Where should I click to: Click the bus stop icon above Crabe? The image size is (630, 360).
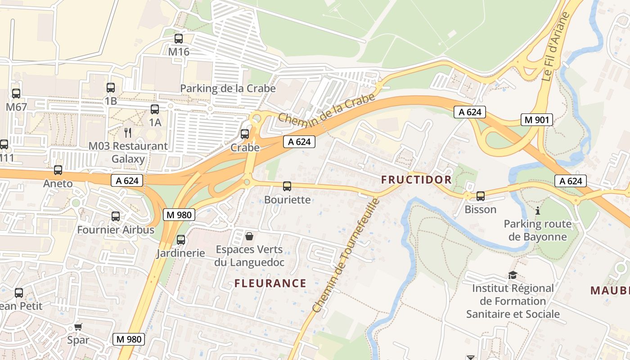click(x=245, y=134)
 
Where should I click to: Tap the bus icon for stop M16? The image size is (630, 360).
click(x=179, y=39)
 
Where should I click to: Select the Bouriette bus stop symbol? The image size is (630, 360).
click(x=287, y=186)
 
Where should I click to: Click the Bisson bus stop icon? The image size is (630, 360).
click(x=481, y=196)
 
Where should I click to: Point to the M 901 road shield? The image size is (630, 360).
click(x=536, y=120)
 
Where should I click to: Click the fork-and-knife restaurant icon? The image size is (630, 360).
click(x=128, y=132)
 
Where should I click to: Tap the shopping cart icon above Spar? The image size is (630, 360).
click(x=78, y=327)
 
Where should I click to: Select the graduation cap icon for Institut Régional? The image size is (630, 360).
click(x=513, y=275)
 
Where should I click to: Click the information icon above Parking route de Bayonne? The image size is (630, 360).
click(x=537, y=210)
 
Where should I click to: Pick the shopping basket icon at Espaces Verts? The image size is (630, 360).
click(x=249, y=236)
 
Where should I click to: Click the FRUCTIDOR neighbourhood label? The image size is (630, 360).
click(x=416, y=180)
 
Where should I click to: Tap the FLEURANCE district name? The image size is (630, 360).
click(x=270, y=283)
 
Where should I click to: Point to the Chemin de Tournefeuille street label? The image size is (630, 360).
click(x=346, y=256)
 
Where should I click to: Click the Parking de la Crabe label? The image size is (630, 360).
click(x=228, y=88)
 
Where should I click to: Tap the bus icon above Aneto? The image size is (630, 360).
click(x=58, y=170)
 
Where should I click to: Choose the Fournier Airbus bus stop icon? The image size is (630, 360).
click(x=116, y=216)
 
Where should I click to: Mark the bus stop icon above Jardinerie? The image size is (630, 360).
click(x=181, y=240)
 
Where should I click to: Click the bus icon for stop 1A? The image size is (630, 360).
click(x=155, y=109)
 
